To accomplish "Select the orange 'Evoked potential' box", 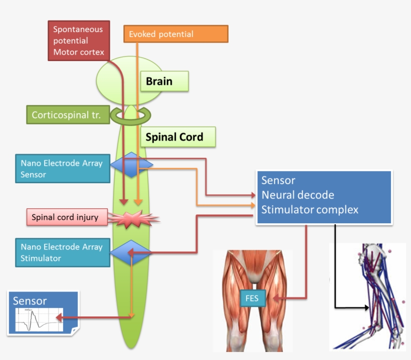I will [x=175, y=34].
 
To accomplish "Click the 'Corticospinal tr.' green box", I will [x=67, y=115].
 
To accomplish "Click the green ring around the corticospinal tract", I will [x=130, y=116].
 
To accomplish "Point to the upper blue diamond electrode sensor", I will [x=131, y=165].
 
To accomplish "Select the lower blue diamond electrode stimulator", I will [x=131, y=253].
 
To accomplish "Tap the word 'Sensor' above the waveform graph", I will [x=30, y=301].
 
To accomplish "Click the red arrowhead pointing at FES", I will [x=276, y=298].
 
